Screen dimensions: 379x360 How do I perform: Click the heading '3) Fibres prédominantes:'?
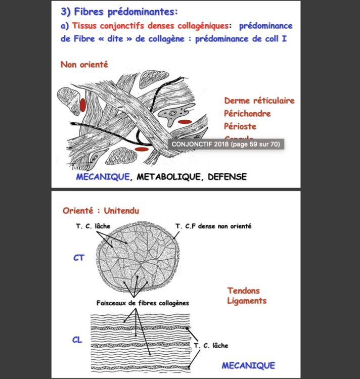[119, 12]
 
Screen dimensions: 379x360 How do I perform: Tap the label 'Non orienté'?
[84, 65]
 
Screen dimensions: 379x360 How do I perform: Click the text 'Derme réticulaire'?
[259, 101]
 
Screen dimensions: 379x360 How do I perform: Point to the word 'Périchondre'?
[247, 114]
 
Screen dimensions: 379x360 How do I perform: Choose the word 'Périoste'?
[240, 126]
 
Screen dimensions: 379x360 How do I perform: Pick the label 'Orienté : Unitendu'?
[101, 210]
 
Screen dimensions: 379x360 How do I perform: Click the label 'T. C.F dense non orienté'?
[213, 226]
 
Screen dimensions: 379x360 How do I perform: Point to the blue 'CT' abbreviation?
[78, 258]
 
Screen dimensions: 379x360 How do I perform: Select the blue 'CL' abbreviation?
[77, 340]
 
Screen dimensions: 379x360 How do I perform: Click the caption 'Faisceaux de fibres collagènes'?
[143, 303]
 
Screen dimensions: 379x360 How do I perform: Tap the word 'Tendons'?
[243, 291]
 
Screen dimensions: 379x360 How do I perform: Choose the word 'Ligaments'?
[247, 301]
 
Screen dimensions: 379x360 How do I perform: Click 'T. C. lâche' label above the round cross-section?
[93, 226]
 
